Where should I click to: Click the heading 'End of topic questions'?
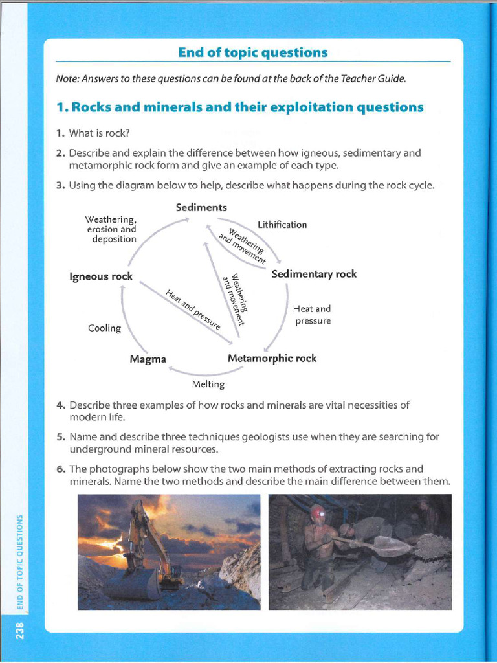point(253,52)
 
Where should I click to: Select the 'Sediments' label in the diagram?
point(201,207)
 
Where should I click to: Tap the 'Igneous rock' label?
point(101,276)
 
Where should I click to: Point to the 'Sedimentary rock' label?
point(314,274)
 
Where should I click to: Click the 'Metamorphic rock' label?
point(272,358)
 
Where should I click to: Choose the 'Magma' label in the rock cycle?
point(148,359)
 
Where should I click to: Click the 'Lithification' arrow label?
point(282,225)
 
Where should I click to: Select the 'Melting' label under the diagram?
point(208,385)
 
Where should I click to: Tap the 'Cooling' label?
point(104,328)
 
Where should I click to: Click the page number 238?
point(20,630)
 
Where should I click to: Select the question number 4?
point(60,405)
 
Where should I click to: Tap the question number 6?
point(60,469)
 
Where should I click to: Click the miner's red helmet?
point(317,511)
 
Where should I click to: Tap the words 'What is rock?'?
point(100,133)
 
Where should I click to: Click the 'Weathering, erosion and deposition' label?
point(111,229)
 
